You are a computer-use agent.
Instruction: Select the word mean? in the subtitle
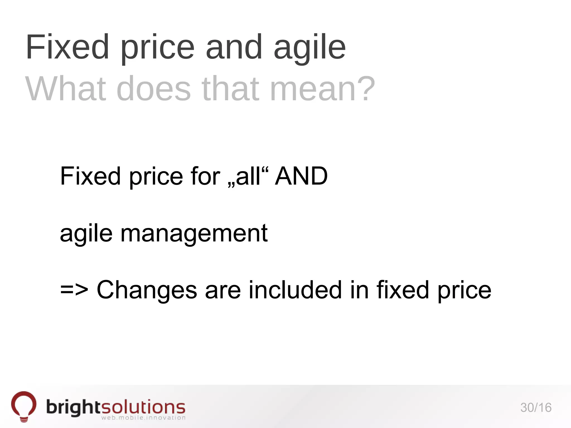(323, 89)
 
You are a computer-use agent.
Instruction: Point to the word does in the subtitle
(154, 89)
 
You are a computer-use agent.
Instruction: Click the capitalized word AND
(301, 176)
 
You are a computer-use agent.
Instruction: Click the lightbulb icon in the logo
(24, 406)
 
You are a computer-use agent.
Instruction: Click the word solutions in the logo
(143, 407)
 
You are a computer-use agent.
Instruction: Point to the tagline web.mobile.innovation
(143, 418)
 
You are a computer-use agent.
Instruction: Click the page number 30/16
(536, 408)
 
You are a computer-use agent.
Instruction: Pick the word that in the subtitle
(230, 89)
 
